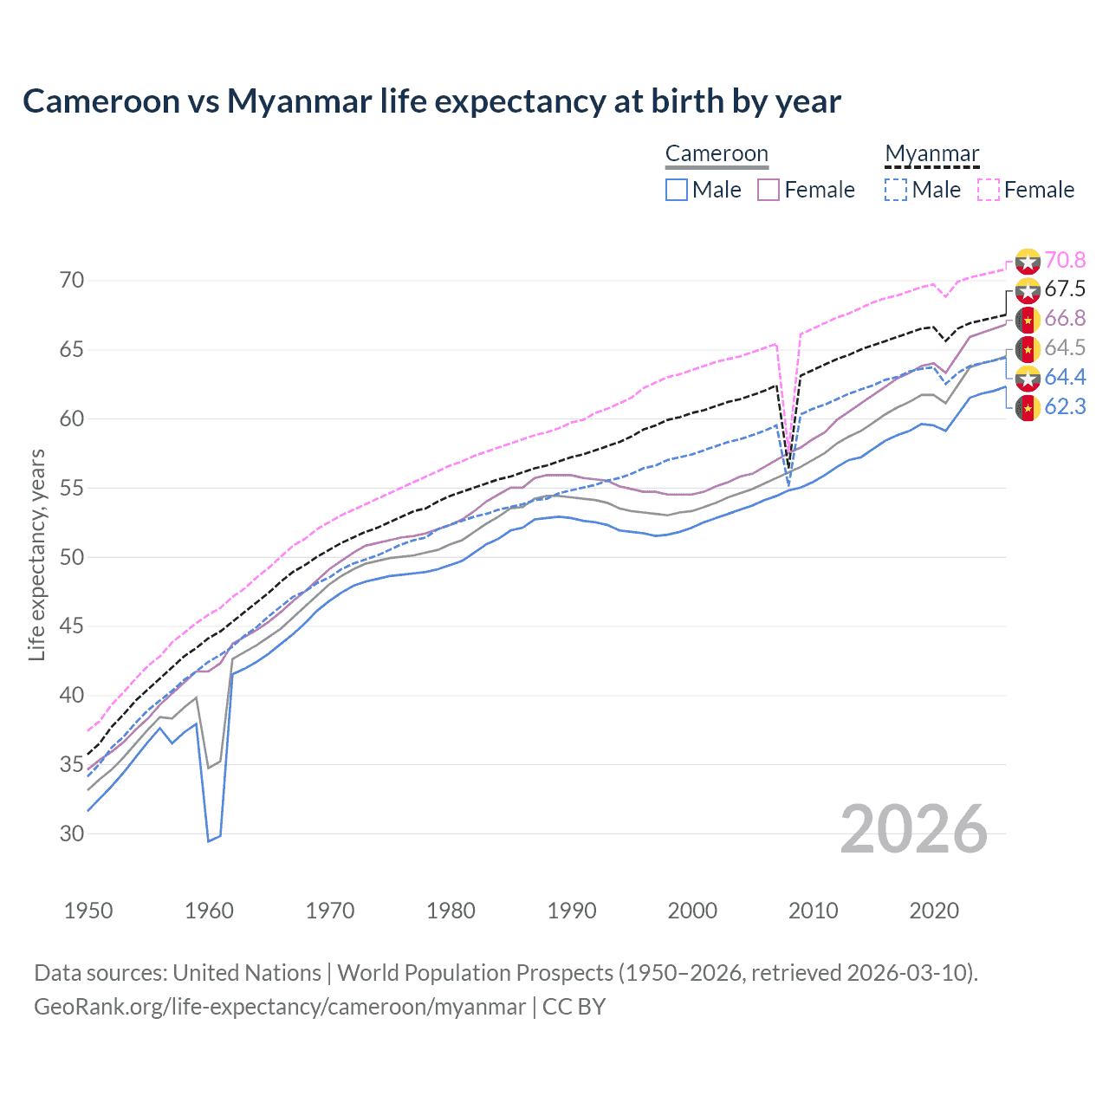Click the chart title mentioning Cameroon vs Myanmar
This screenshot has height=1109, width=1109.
click(431, 101)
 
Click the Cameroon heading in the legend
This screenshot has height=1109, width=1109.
click(717, 153)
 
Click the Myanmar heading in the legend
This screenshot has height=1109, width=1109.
click(931, 153)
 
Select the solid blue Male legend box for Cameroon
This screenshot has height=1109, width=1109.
click(677, 190)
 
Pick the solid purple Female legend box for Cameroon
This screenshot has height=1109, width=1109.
click(769, 190)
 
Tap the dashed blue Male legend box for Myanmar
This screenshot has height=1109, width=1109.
click(896, 190)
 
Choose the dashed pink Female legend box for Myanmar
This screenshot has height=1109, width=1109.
click(989, 190)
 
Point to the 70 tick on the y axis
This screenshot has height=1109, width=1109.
click(72, 280)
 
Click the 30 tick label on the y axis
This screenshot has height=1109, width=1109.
click(72, 833)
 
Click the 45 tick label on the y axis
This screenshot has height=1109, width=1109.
click(72, 626)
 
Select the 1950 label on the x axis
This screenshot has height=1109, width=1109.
click(88, 911)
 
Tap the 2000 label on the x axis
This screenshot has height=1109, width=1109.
click(692, 911)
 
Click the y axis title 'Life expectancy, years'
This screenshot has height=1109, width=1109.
click(36, 554)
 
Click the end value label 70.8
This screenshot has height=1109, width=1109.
click(1065, 260)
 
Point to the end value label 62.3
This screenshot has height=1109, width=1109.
click(1065, 406)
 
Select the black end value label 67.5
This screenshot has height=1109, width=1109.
click(1065, 289)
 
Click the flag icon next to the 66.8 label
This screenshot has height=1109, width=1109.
click(1028, 319)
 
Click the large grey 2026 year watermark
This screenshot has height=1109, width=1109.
click(914, 829)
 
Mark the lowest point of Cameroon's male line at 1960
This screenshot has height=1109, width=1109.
click(209, 840)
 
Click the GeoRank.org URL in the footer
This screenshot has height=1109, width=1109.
click(280, 1007)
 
